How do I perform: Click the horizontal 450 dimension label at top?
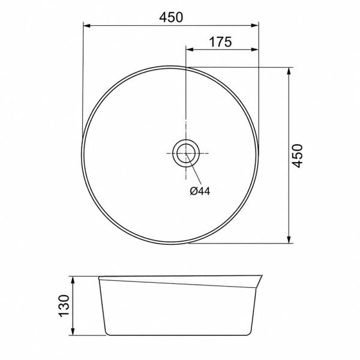[x=171, y=17]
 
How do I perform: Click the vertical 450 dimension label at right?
[x=298, y=156]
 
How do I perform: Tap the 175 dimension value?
[x=221, y=42]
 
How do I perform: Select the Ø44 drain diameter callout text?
[x=200, y=191]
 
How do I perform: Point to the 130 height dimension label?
[x=64, y=306]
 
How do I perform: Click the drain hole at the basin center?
[x=186, y=153]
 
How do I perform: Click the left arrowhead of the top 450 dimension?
[x=87, y=25]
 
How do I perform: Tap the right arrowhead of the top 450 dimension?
[x=255, y=25]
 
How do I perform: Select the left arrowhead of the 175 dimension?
[x=190, y=49]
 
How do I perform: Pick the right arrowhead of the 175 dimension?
[x=255, y=49]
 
